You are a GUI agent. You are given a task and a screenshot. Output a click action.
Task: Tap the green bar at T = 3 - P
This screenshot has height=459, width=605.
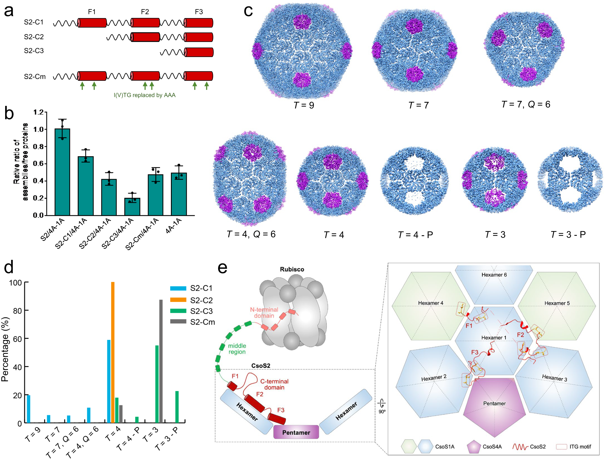[x=177, y=407]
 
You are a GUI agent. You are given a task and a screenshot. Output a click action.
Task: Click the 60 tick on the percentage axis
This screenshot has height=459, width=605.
[x=17, y=339]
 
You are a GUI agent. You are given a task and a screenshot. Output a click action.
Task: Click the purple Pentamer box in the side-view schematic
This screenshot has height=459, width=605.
[x=296, y=432]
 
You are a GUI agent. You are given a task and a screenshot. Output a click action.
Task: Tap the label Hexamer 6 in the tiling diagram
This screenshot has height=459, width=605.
[x=494, y=275]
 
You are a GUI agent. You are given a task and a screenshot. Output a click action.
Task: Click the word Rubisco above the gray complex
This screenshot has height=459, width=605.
[x=292, y=269]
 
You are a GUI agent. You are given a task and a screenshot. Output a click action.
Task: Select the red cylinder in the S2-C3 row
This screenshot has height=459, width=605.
[x=199, y=52]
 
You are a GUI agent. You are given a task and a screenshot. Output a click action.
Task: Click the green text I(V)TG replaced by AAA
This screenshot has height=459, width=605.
[x=145, y=95]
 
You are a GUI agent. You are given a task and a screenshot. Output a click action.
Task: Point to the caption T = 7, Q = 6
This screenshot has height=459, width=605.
[x=526, y=104]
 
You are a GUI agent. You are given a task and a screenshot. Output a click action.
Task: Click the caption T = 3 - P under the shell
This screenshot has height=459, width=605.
[x=568, y=235]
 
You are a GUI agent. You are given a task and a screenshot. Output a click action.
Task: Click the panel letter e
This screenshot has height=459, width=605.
[x=222, y=268]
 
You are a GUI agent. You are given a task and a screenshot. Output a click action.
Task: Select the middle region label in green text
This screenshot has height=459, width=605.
[x=237, y=349]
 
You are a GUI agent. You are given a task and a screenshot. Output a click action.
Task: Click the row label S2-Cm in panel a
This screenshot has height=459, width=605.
[x=35, y=77]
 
